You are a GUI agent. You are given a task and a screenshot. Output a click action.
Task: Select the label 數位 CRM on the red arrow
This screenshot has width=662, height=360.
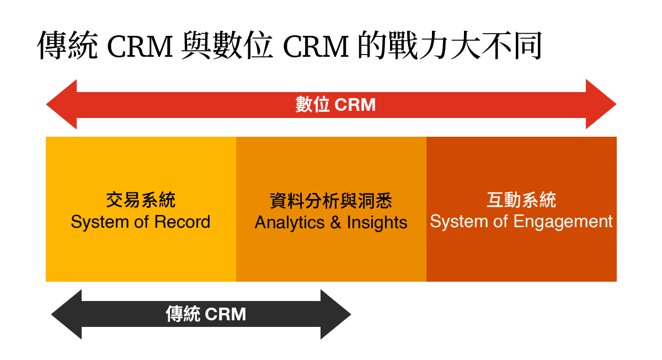335,105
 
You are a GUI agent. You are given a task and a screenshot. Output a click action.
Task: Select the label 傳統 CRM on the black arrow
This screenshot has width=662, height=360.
206,314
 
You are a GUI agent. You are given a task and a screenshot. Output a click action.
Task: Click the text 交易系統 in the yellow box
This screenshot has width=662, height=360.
141,200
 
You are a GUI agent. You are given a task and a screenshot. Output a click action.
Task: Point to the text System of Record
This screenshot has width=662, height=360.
141,222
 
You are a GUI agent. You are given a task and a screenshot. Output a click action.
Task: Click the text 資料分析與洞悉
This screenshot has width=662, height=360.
331,201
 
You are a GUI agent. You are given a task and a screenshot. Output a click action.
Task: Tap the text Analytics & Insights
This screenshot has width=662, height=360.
331,222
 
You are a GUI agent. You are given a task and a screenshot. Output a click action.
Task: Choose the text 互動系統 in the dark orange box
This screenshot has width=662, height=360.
522,200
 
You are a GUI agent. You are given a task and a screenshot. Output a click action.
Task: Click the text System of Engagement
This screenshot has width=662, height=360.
521,222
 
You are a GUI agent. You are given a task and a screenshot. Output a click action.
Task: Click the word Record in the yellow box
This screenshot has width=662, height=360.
183,222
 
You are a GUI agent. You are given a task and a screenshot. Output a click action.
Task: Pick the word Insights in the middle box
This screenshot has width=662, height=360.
377,223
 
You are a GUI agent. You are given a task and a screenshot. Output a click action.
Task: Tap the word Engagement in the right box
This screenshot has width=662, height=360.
563,222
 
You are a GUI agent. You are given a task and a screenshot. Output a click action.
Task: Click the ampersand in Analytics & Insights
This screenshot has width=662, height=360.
335,222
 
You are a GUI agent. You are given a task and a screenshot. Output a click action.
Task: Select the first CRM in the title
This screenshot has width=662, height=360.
140,46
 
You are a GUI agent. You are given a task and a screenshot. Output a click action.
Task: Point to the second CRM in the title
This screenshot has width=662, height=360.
316,46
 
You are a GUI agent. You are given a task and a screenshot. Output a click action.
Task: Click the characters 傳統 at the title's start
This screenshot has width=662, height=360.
67,45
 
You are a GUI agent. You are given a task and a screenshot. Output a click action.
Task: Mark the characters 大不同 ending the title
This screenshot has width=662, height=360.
496,45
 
